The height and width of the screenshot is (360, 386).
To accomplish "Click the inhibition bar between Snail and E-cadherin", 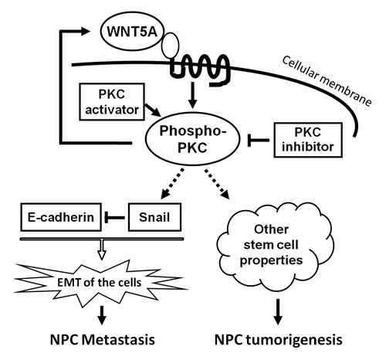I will [x=120, y=218].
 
